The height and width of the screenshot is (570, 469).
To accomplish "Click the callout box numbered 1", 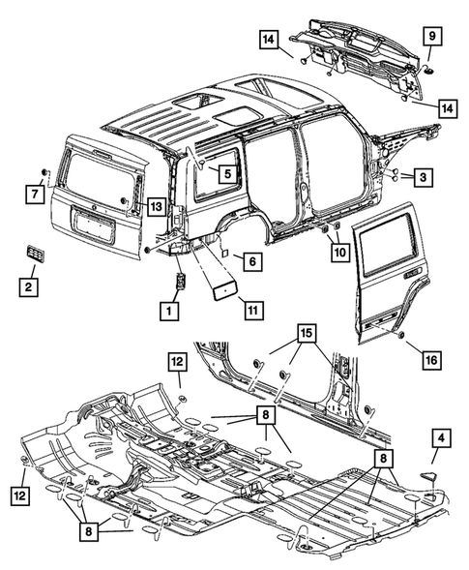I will coord(170,311).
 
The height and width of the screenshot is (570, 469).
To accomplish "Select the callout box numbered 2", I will coord(32,286).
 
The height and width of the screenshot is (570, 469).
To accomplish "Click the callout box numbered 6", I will coord(249,260).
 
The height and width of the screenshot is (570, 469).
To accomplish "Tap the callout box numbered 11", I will coord(253,311).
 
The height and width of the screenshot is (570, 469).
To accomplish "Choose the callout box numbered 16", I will coord(431,360).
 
